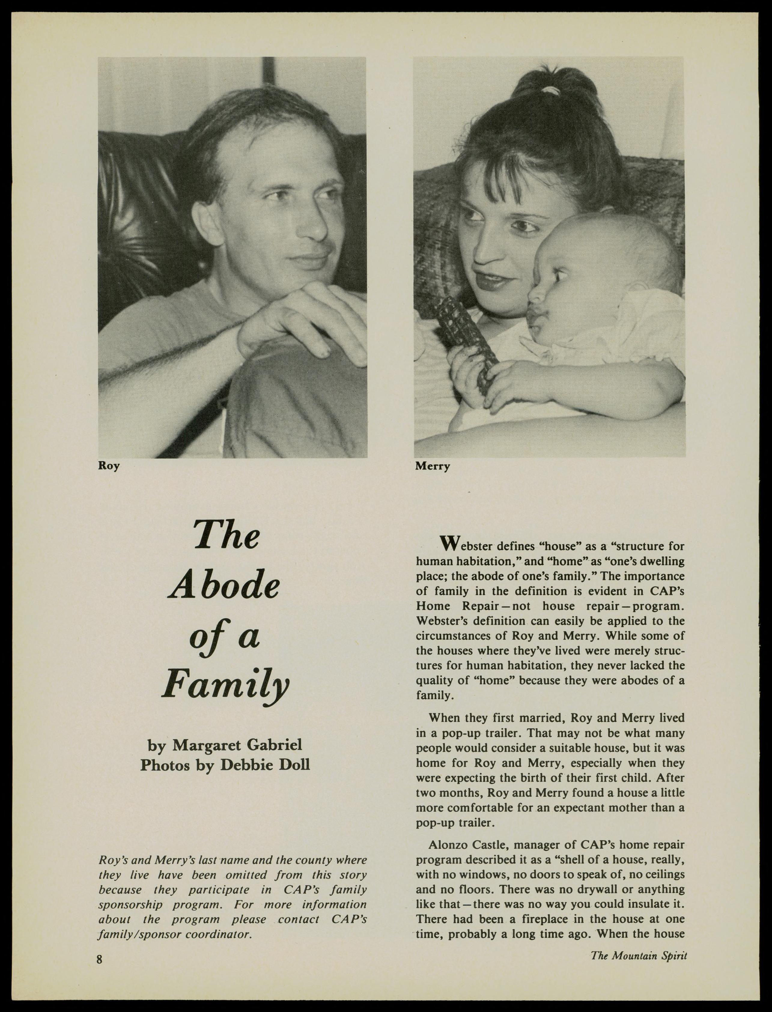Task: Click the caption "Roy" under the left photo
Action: coord(109,466)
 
